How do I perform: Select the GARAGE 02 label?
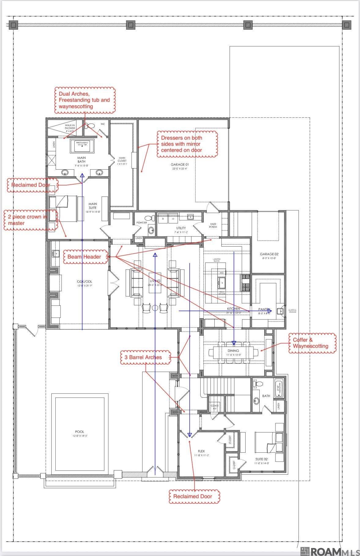(x=269, y=254)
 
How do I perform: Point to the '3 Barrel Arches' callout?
(x=145, y=357)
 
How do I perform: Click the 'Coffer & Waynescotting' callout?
(x=312, y=343)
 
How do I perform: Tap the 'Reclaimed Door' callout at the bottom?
(x=195, y=496)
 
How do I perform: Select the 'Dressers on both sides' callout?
(x=187, y=144)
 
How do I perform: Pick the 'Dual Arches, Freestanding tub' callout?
(x=85, y=100)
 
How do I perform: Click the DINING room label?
(x=233, y=351)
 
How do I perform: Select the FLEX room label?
(x=201, y=451)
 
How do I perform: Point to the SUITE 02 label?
(x=262, y=459)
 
